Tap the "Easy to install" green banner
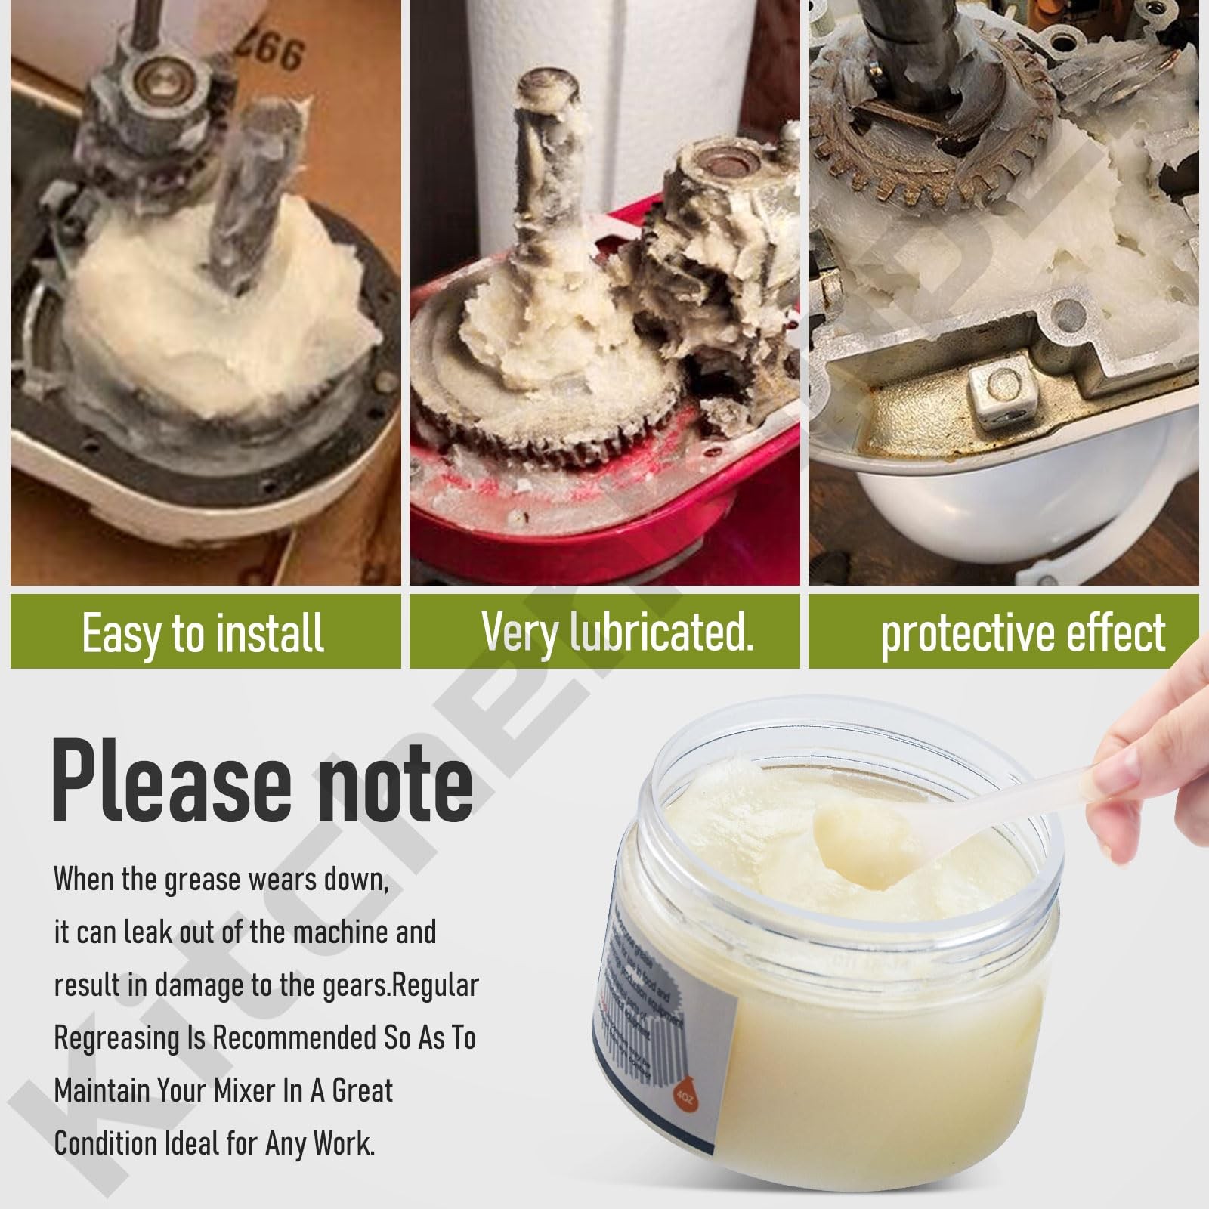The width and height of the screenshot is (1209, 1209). pos(204,632)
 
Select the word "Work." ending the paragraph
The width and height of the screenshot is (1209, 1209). pos(344,1143)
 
